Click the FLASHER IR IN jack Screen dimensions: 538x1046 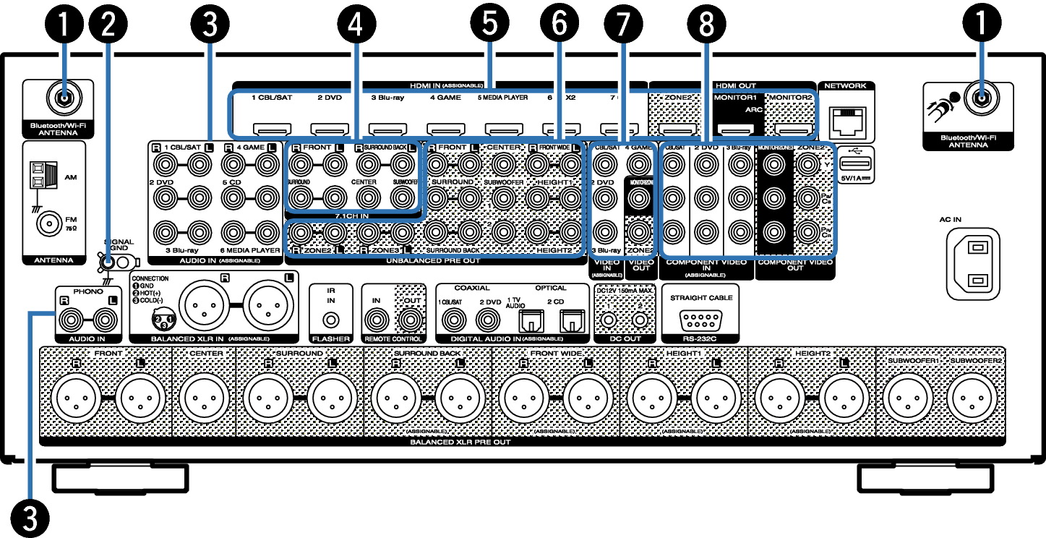[x=330, y=319]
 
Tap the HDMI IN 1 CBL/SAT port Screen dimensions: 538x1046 [x=271, y=130]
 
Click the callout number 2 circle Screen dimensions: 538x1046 [x=108, y=27]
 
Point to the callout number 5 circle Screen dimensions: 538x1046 [x=489, y=27]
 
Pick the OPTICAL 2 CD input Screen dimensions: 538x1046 [x=571, y=319]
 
